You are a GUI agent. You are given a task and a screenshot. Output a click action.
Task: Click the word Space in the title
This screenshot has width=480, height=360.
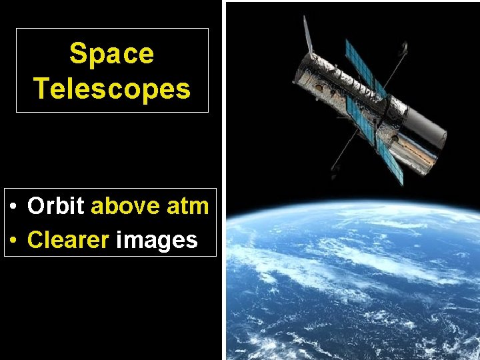coord(111,53)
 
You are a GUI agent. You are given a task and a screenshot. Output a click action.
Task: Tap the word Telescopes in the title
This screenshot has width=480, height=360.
coord(111,88)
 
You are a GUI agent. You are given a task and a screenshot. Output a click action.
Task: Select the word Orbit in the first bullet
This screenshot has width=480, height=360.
coord(56,206)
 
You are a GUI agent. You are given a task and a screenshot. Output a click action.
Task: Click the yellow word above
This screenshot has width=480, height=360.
coord(125,206)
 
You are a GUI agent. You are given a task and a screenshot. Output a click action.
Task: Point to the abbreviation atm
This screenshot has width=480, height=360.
coord(187,206)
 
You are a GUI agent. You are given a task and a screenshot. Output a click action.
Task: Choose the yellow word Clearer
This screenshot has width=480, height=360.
coord(68,239)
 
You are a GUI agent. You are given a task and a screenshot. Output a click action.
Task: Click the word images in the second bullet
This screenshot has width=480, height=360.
coord(157,239)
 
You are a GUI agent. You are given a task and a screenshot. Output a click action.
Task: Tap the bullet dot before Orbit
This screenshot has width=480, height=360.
coord(14,207)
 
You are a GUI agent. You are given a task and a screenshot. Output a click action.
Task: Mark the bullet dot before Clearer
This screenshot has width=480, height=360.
coord(14,241)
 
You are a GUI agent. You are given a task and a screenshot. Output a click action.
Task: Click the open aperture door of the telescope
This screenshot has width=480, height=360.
coord(307,37)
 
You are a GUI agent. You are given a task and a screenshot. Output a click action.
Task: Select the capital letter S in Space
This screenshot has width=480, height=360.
coord(77,53)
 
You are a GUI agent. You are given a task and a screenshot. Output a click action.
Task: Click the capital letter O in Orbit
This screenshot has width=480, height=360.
coord(36,206)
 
